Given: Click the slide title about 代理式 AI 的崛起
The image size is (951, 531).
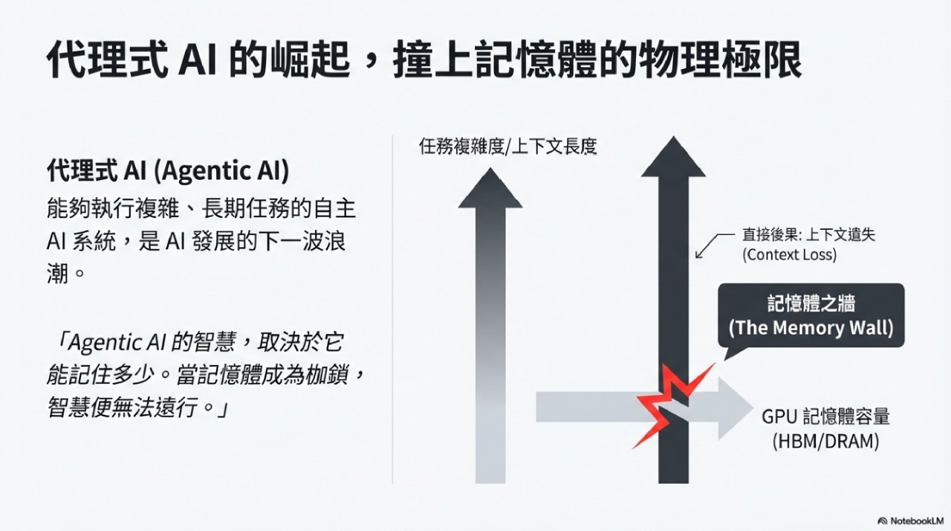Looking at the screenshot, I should tap(423, 59).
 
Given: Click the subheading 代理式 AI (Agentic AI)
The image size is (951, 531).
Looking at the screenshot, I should tap(168, 171).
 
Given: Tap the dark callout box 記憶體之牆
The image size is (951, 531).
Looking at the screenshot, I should tap(811, 315).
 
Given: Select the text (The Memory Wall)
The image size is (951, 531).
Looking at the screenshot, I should tap(811, 328).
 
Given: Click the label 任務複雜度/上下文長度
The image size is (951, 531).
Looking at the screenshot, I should tap(507, 147).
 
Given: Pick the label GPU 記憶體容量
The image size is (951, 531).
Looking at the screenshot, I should tap(825, 416).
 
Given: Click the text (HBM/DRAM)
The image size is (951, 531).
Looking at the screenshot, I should tap(825, 441).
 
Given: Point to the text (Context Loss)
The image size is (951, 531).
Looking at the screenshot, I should tap(789, 254).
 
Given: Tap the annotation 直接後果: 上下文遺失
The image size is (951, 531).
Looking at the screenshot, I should tap(808, 234).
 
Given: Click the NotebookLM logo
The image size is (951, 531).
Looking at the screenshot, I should tap(910, 521).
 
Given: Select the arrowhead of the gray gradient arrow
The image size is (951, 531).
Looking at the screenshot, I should tap(490, 189).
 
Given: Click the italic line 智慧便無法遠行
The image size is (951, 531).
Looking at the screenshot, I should tap(138, 408).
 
